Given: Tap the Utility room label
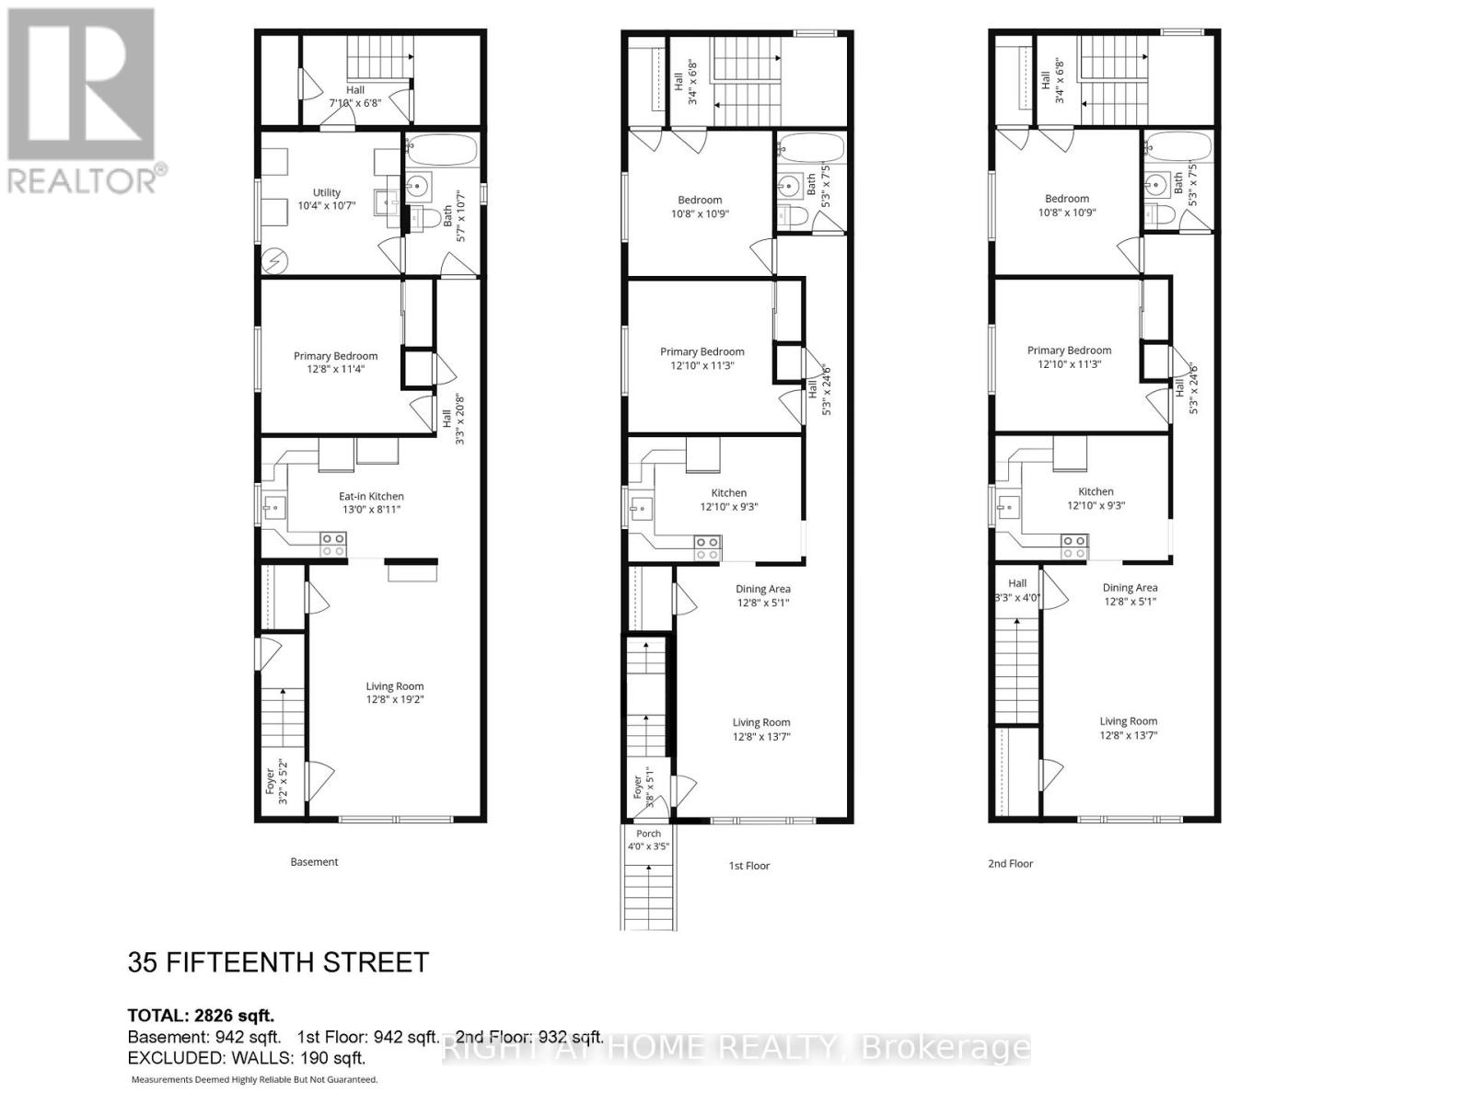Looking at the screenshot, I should (327, 192).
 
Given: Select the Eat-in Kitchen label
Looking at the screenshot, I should (371, 496).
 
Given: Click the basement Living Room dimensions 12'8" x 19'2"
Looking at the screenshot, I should (395, 699).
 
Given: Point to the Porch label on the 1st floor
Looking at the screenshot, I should (648, 834).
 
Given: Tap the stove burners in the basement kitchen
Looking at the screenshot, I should (333, 545).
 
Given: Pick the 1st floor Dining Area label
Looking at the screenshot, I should (762, 589).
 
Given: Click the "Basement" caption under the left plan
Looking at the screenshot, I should (314, 862).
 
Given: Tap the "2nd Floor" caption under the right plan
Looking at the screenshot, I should (1010, 864).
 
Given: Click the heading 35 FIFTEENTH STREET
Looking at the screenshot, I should (278, 962).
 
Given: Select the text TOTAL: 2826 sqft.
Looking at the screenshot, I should (201, 1016).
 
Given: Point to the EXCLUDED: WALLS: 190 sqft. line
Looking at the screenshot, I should (247, 1058).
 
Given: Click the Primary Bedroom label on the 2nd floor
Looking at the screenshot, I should (1069, 350).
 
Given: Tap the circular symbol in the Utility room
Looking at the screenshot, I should (273, 262).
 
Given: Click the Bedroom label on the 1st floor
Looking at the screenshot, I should (700, 200).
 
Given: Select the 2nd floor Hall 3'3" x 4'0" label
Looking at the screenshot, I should (1017, 590).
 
